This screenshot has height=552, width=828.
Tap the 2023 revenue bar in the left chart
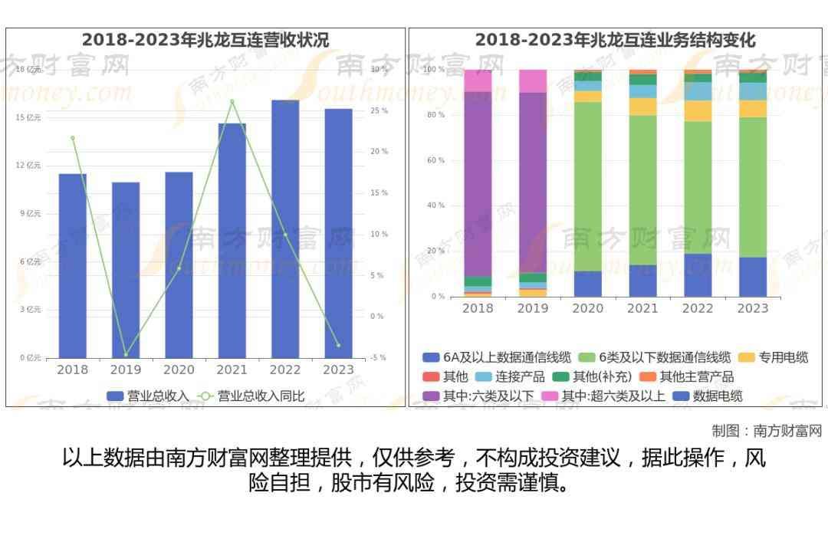tap(338, 233)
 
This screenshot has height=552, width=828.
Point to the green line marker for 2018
tap(73, 138)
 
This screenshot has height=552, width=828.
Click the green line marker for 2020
tap(179, 268)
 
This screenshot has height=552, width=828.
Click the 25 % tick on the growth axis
tap(379, 110)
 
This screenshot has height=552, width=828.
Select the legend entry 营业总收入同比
tap(253, 396)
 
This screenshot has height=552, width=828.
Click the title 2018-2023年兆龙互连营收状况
tap(205, 40)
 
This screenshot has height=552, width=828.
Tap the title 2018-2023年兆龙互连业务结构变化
tap(615, 40)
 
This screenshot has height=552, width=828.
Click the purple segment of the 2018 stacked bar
tap(478, 184)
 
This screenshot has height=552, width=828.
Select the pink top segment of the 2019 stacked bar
tap(533, 80)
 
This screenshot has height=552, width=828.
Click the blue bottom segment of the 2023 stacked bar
tap(753, 277)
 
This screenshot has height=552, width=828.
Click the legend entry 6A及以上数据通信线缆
tap(498, 357)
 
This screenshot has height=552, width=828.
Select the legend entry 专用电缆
tap(774, 357)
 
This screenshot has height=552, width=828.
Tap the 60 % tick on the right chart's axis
tap(435, 160)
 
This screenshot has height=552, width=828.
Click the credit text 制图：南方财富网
tap(767, 431)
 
